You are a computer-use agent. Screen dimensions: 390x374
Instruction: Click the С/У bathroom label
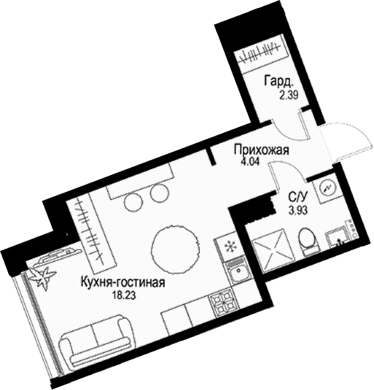pos(297,197)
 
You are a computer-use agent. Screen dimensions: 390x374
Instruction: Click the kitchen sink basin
pos(237,275)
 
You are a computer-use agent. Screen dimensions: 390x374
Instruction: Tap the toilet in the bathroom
pos(307,240)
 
